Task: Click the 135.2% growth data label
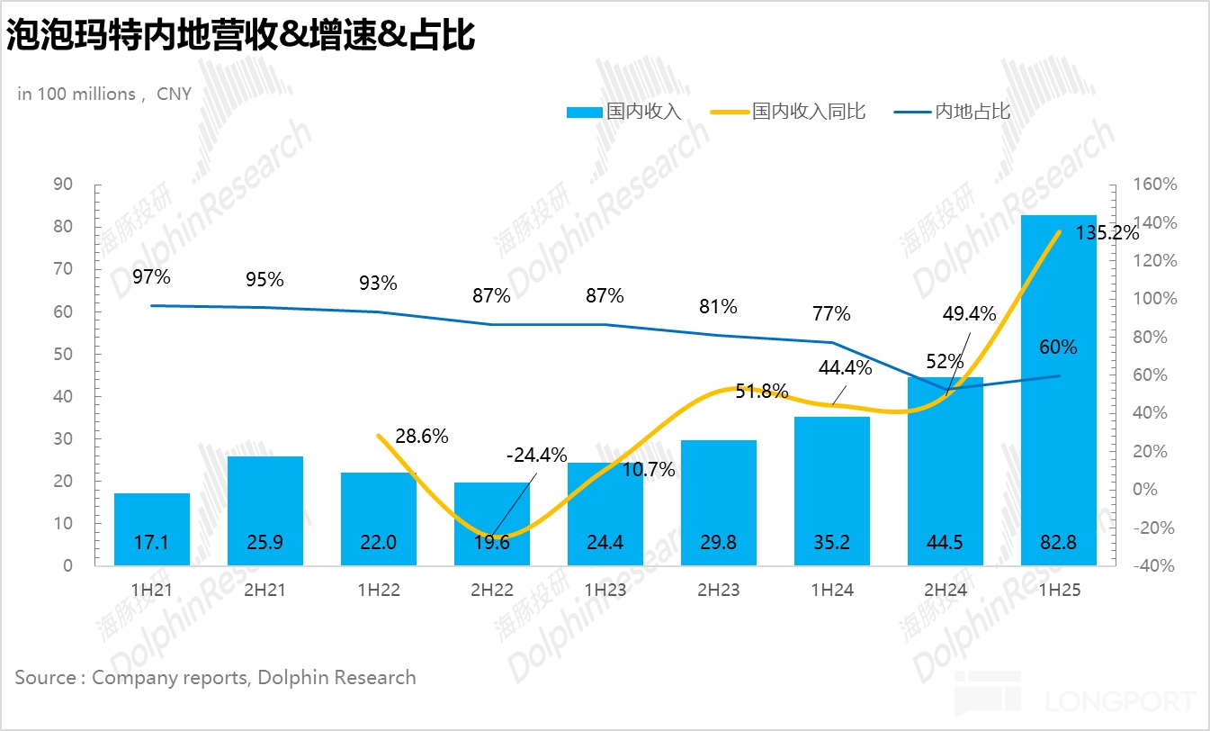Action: click(x=1107, y=232)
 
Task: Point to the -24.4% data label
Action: click(x=536, y=456)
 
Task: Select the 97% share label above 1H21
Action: click(x=151, y=276)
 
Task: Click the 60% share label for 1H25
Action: click(x=1058, y=347)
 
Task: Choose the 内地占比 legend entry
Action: click(x=972, y=112)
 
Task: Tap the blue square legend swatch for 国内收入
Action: click(x=584, y=113)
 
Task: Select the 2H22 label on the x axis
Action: click(x=491, y=591)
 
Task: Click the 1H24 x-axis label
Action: click(x=831, y=591)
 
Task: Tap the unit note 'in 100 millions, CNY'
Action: click(x=104, y=94)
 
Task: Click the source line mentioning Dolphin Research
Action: click(x=215, y=677)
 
